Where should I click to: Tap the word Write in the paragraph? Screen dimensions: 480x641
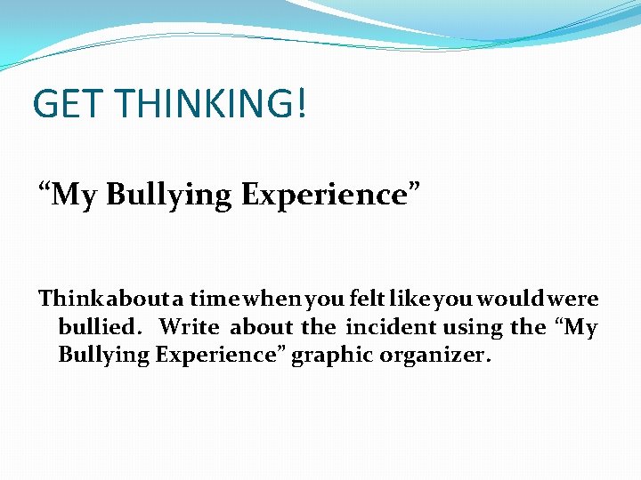point(189,327)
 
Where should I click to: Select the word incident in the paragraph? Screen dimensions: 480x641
point(391,327)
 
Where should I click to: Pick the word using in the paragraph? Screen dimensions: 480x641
point(474,328)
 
